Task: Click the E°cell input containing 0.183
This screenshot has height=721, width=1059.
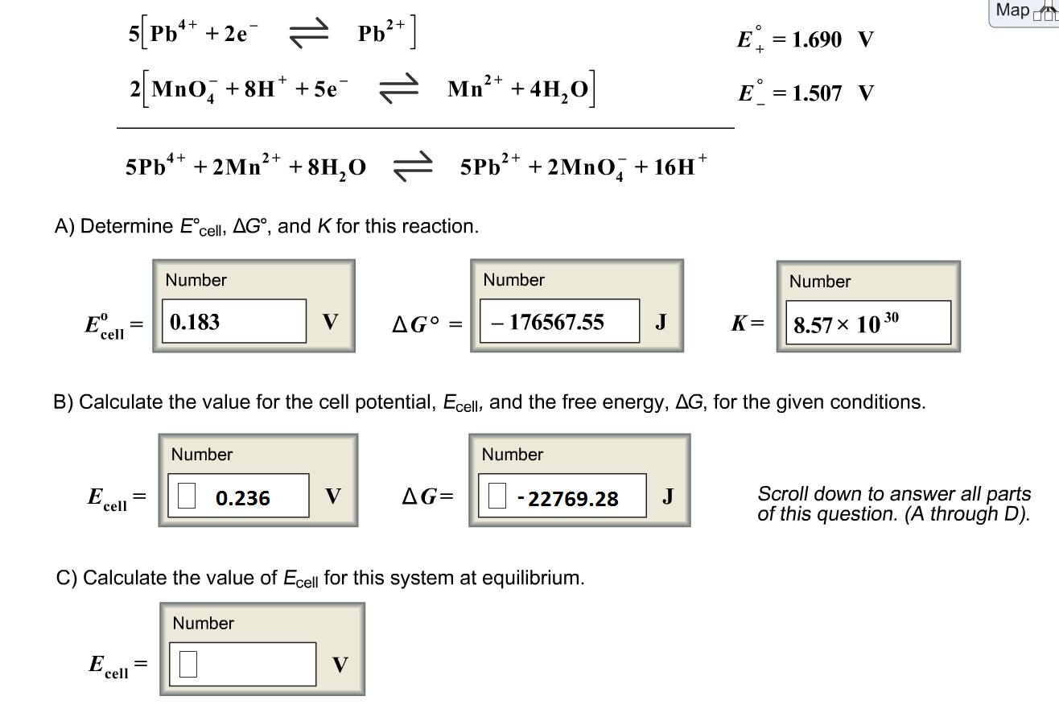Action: click(233, 322)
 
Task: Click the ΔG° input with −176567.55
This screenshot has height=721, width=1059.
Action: click(558, 322)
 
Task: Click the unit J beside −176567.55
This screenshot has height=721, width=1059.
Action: click(661, 322)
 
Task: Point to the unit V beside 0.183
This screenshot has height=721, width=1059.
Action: click(330, 322)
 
